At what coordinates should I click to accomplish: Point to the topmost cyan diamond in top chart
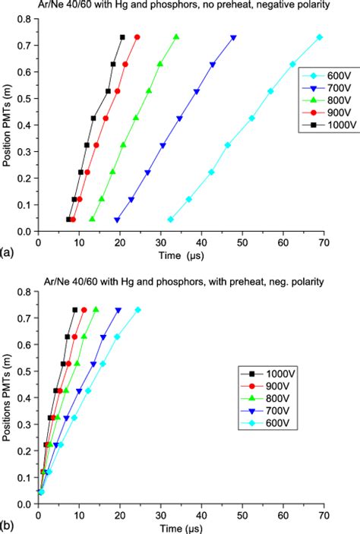click(x=319, y=37)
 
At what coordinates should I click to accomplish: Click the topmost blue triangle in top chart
click(x=233, y=37)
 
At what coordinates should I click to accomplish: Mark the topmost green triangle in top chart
click(x=176, y=37)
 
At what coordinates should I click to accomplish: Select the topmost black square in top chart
click(x=122, y=37)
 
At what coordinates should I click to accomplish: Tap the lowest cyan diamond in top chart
click(x=170, y=220)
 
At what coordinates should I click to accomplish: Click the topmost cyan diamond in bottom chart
click(x=137, y=310)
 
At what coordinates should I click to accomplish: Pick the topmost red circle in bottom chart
click(x=84, y=310)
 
